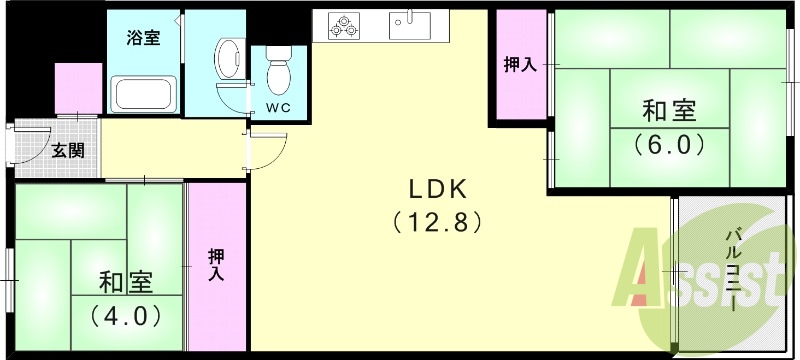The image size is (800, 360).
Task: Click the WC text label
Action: (279, 108)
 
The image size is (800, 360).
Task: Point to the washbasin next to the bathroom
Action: (228, 52)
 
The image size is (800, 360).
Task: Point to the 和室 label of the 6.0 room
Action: (669, 110)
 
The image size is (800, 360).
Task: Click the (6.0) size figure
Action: (669, 144)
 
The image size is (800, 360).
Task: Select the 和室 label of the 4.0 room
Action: (125, 282)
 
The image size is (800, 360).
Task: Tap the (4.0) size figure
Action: (125, 316)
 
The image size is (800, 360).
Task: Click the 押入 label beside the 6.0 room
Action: (519, 65)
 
